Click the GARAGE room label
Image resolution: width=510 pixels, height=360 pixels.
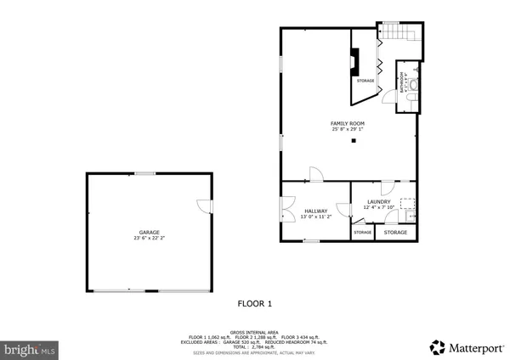[150, 232]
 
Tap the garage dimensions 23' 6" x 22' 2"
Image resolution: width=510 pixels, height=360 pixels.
[150, 238]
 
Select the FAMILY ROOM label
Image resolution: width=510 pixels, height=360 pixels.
[347, 124]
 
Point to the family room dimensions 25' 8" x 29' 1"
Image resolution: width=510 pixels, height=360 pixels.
[347, 130]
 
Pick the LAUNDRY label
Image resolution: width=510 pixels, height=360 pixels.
[378, 201]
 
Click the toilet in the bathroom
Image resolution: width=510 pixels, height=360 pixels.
[410, 100]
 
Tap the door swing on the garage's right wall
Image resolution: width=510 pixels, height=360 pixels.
[204, 206]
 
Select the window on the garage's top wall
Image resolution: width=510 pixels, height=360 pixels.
[144, 173]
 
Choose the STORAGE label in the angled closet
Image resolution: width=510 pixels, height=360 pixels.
[365, 81]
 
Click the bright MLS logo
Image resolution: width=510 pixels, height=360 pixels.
[31, 348]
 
